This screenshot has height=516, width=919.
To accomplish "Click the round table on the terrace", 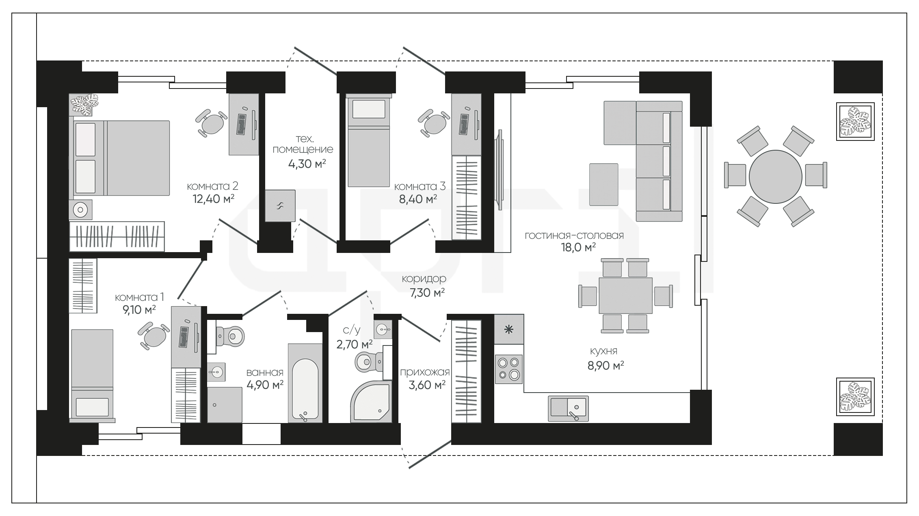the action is (x=775, y=176).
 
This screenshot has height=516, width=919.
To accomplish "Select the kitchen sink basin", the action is (x=569, y=408).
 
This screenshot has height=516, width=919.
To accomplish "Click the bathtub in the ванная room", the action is (x=305, y=383).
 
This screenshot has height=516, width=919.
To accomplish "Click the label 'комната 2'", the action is (x=212, y=186).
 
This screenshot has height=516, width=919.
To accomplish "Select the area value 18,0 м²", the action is (x=578, y=247).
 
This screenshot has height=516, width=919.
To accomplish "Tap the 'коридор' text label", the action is (x=424, y=279).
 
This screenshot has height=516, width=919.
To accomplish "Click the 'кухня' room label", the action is (x=603, y=351).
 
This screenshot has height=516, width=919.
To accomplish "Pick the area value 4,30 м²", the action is (x=307, y=164).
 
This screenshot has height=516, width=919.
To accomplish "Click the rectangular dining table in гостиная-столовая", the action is (x=625, y=296).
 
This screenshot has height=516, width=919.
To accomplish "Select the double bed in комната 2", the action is (x=121, y=158).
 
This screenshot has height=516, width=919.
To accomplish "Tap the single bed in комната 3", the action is (x=369, y=140).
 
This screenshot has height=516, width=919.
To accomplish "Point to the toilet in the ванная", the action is (x=229, y=336).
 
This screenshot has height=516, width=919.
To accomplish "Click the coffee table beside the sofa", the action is (x=604, y=184).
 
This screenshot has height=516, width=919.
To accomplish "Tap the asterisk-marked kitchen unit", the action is (x=509, y=329).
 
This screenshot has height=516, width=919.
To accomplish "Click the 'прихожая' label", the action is (x=425, y=372).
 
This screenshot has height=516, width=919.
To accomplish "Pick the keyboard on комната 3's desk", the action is (x=464, y=124).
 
